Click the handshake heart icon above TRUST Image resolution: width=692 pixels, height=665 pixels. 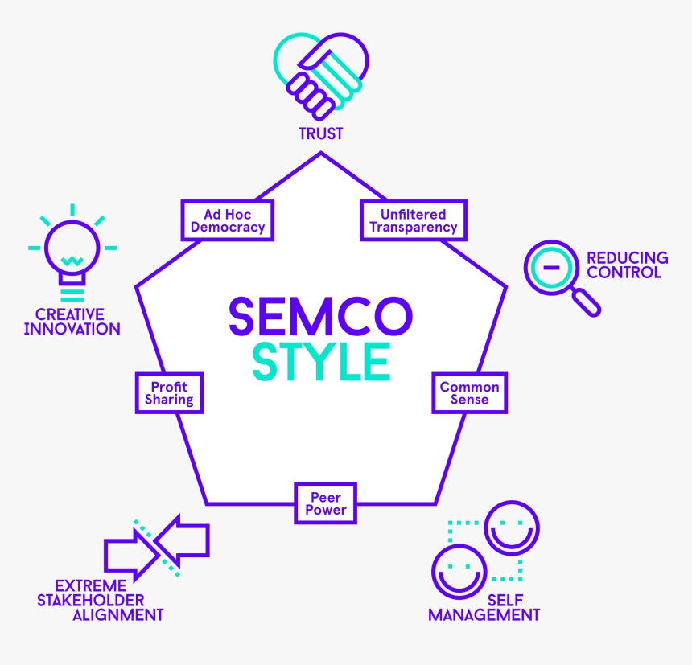[321, 76]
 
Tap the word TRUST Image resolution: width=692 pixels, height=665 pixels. [321, 133]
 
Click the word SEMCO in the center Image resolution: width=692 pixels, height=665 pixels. [321, 316]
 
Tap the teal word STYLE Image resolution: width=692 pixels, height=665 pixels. [321, 362]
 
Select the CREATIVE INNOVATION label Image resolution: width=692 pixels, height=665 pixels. [72, 322]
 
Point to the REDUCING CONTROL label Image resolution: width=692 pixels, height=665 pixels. [627, 265]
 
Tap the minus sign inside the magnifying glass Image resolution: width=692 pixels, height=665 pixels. [551, 267]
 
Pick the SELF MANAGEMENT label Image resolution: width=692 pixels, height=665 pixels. [484, 607]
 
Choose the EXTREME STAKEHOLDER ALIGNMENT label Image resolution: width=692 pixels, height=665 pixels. [101, 600]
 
